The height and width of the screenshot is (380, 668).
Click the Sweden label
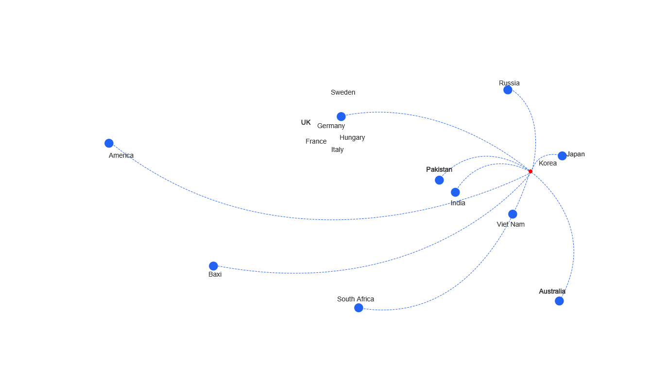point(343,92)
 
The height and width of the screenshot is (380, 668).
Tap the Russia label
point(509,83)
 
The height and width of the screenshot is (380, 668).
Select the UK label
point(306,122)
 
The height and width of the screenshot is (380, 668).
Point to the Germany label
point(331,126)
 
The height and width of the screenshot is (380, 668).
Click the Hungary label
point(353,138)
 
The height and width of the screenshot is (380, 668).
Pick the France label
point(316,141)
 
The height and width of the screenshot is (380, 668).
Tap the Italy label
point(338,150)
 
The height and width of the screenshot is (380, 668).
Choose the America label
point(121,155)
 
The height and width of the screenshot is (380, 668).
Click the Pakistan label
point(439,169)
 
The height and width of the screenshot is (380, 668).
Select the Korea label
point(548,163)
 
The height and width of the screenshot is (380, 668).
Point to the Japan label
point(576,154)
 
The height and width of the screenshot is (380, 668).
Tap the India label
point(458,203)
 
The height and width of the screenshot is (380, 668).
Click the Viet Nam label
point(511,224)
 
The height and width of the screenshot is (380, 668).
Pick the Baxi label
point(215,274)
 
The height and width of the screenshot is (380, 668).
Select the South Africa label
point(356,299)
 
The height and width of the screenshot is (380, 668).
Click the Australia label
point(552,291)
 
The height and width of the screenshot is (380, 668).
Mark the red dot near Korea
point(531,171)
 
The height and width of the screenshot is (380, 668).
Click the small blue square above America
point(109,143)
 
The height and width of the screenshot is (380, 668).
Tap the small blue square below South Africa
point(359,308)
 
